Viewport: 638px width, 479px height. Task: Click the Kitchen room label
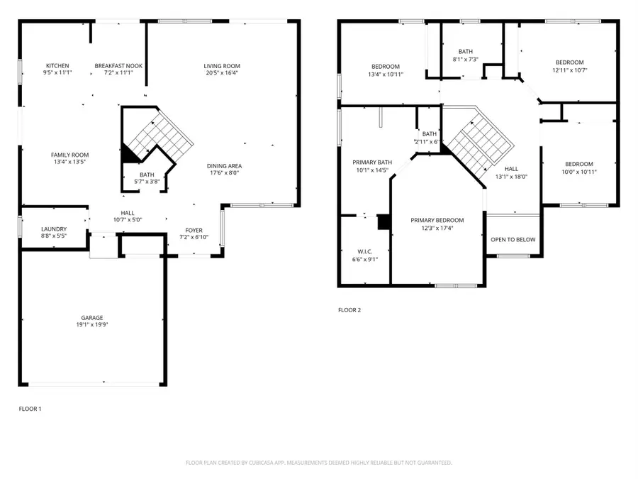tap(57, 66)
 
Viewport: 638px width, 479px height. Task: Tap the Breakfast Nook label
tap(118, 66)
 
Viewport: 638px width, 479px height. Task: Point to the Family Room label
tap(69, 155)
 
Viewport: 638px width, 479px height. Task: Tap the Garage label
tap(92, 318)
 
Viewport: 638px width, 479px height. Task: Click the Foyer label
tap(194, 230)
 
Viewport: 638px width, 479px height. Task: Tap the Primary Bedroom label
tap(437, 221)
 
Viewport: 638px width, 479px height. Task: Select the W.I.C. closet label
tap(364, 251)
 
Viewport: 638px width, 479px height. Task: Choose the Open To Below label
tap(513, 240)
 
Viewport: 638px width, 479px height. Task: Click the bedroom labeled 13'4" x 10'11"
tap(386, 67)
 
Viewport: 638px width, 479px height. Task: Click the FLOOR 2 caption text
tap(349, 310)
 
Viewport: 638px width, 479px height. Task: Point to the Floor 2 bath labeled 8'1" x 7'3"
tap(465, 52)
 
